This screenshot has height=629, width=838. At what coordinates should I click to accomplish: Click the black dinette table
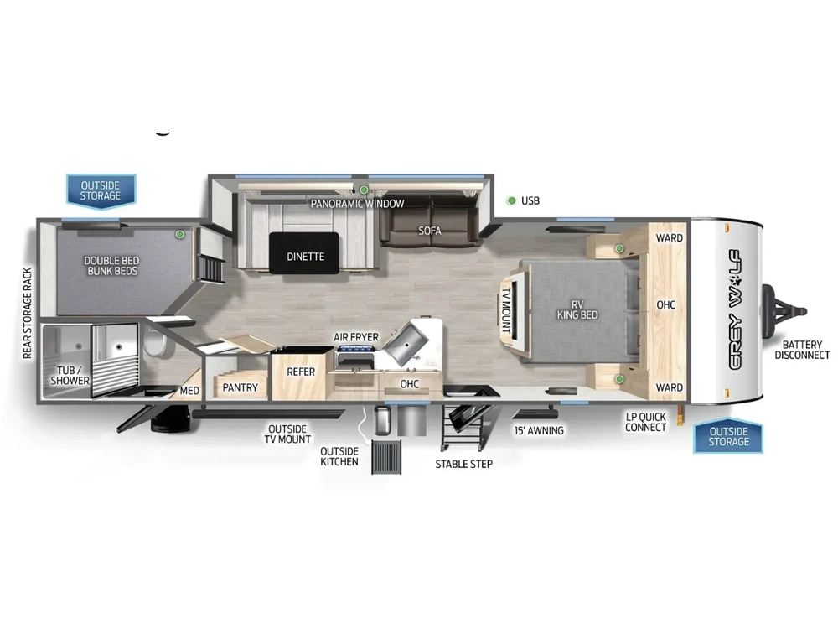[304, 253]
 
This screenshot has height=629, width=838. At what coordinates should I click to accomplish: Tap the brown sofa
[430, 221]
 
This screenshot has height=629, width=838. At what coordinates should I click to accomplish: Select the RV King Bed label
[577, 309]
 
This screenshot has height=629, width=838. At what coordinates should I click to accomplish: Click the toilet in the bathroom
[153, 342]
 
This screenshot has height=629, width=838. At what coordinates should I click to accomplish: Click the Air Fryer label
[356, 337]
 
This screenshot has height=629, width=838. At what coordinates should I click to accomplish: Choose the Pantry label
[240, 387]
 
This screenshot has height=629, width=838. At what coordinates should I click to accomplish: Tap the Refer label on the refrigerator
[301, 372]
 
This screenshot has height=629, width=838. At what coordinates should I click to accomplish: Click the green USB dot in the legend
[511, 200]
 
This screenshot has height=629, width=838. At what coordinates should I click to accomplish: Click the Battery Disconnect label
[802, 350]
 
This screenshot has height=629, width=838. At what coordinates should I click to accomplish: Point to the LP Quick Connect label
[645, 422]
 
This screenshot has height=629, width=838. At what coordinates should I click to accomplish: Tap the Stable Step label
[464, 465]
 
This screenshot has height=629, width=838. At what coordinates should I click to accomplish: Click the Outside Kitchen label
[339, 457]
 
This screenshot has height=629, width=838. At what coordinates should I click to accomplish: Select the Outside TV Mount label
[287, 434]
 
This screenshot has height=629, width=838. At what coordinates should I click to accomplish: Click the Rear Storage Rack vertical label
[28, 314]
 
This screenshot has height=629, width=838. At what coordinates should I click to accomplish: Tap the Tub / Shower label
[70, 376]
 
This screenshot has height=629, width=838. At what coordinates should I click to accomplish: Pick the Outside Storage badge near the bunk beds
[101, 190]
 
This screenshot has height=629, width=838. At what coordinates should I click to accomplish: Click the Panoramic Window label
[358, 204]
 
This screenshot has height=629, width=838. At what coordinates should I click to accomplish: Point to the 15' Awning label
[539, 430]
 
